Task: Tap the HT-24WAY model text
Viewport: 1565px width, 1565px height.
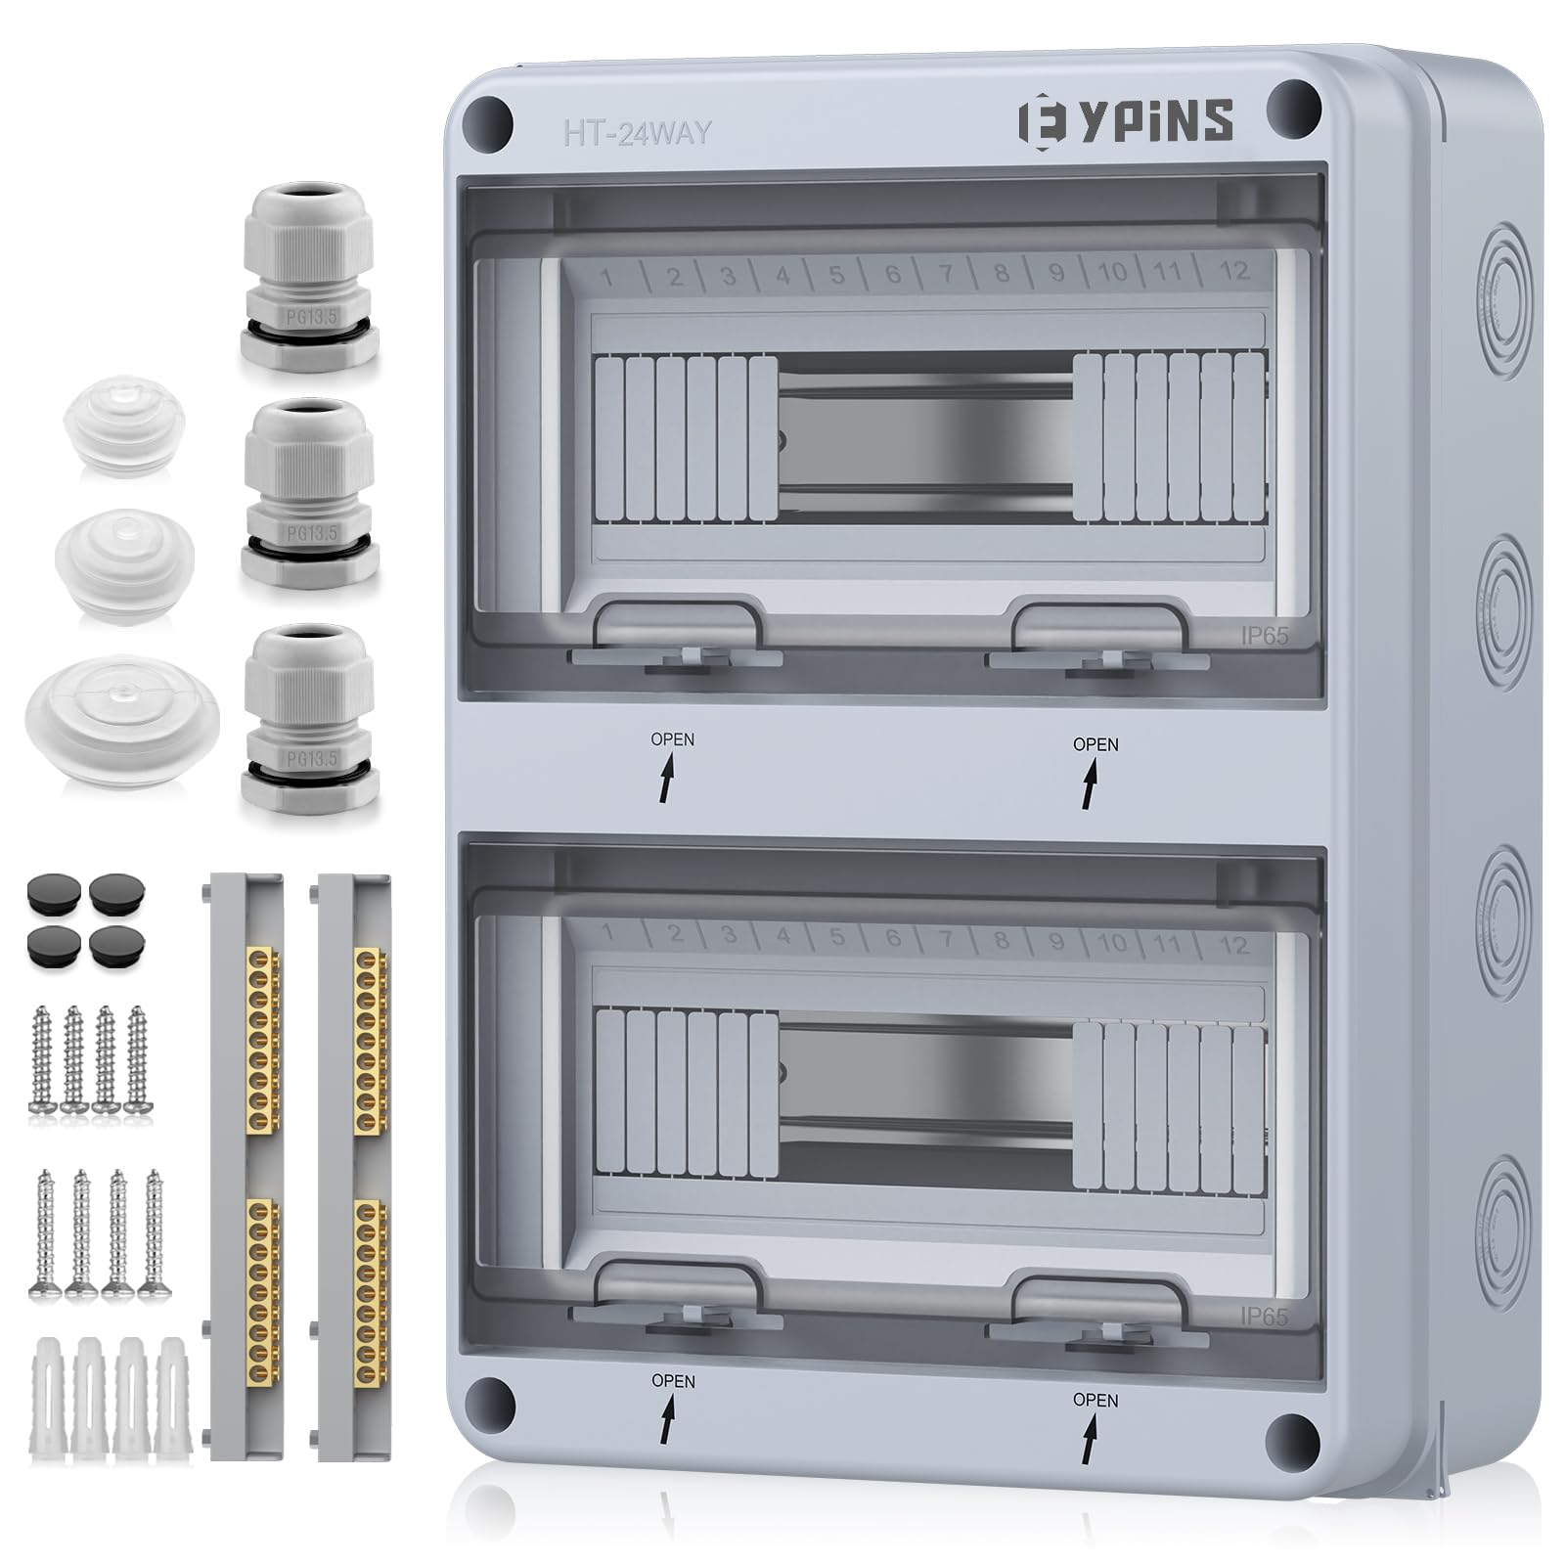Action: tap(637, 133)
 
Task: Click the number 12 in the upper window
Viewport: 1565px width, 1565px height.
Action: tap(1233, 270)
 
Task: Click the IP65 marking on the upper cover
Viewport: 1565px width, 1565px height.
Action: tap(1264, 636)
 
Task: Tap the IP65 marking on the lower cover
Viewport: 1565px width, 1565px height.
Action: tap(1264, 1318)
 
